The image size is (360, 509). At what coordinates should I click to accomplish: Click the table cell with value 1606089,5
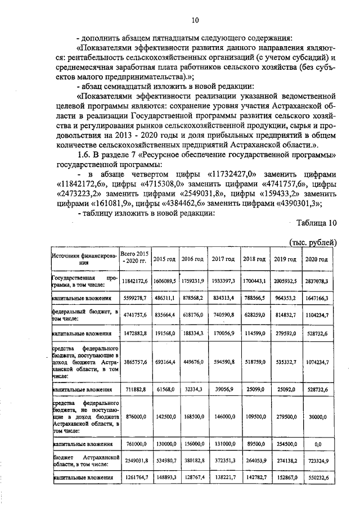pos(165,279)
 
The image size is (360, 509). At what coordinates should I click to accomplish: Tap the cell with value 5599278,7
pos(134,297)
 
